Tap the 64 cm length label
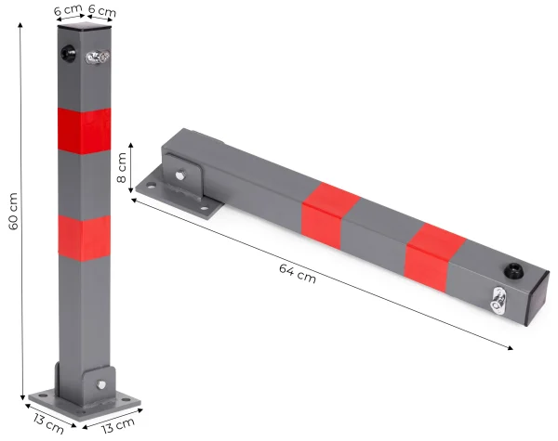click(x=297, y=273)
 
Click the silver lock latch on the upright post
click(x=96, y=58)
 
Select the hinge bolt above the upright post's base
click(x=97, y=383)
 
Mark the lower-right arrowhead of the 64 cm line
click(x=511, y=349)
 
